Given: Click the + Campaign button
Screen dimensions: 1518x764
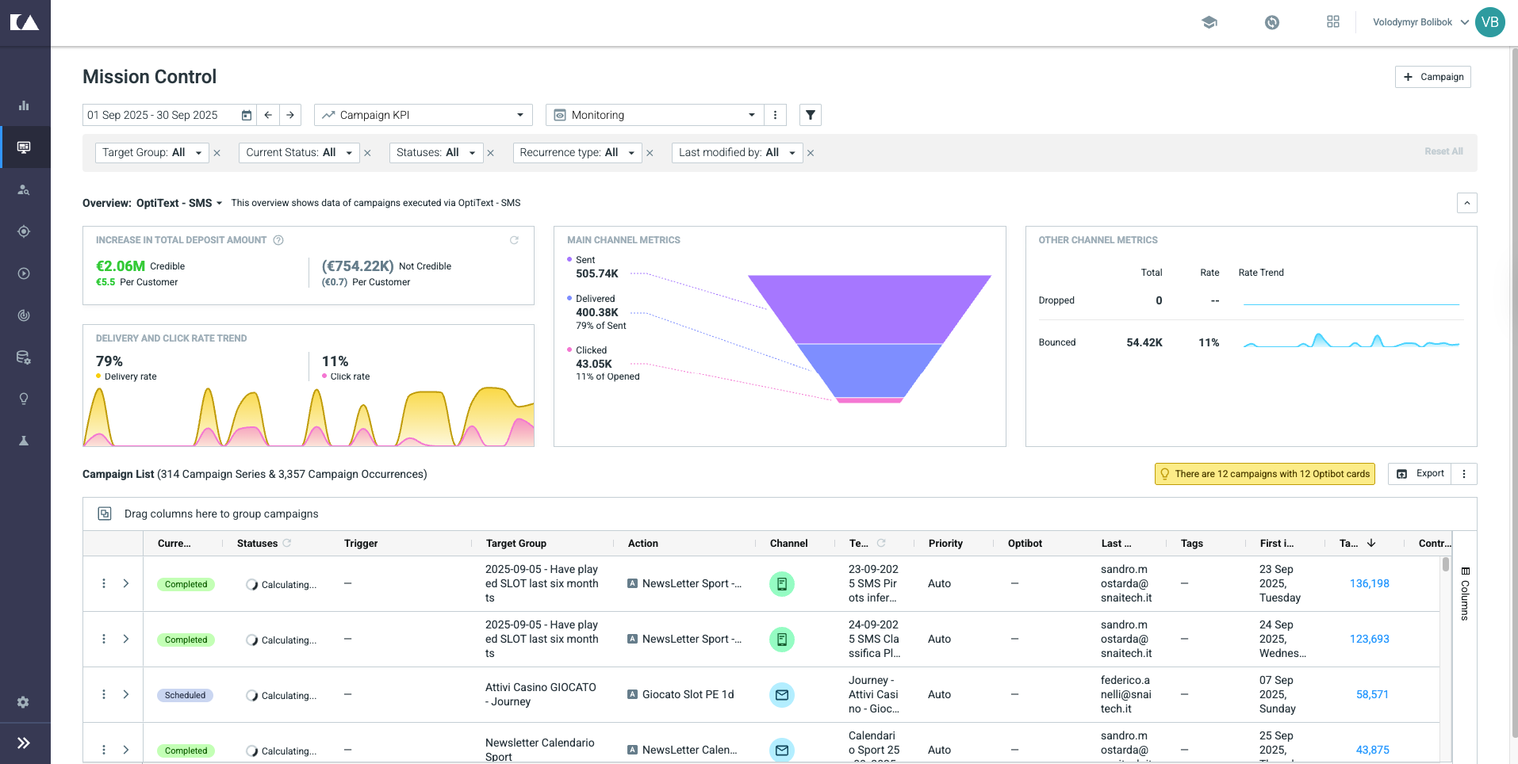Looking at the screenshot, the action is point(1432,77).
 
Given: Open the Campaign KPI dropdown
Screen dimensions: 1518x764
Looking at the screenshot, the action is point(424,115).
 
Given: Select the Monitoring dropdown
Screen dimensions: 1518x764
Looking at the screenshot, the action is point(655,115).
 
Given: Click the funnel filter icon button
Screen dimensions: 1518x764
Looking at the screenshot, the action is point(810,115).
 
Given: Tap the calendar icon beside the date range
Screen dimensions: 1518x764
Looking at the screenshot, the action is point(247,115).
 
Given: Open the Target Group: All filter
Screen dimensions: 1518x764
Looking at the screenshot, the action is point(151,152).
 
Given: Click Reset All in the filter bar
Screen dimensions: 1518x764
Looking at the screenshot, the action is point(1443,151).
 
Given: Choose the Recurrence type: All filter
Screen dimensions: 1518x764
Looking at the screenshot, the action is point(577,152).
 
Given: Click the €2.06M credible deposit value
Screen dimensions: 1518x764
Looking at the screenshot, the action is point(121,266).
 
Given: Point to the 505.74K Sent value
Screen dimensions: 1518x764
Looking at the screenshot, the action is point(597,273).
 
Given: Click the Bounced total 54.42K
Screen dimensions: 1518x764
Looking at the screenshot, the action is point(1144,342).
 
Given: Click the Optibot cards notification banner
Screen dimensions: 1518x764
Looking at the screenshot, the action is point(1265,474).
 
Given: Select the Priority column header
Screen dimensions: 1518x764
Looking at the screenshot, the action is point(945,544).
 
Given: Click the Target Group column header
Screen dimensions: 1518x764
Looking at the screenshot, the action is point(516,544).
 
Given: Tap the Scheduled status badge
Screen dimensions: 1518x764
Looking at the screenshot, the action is point(185,695).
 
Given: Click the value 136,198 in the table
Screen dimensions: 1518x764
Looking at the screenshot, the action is point(1370,583).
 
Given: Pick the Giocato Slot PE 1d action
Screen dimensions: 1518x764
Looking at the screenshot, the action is point(688,694).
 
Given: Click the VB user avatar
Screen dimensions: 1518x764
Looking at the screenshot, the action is point(1490,22).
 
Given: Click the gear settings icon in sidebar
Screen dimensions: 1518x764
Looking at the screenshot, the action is point(24,702).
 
